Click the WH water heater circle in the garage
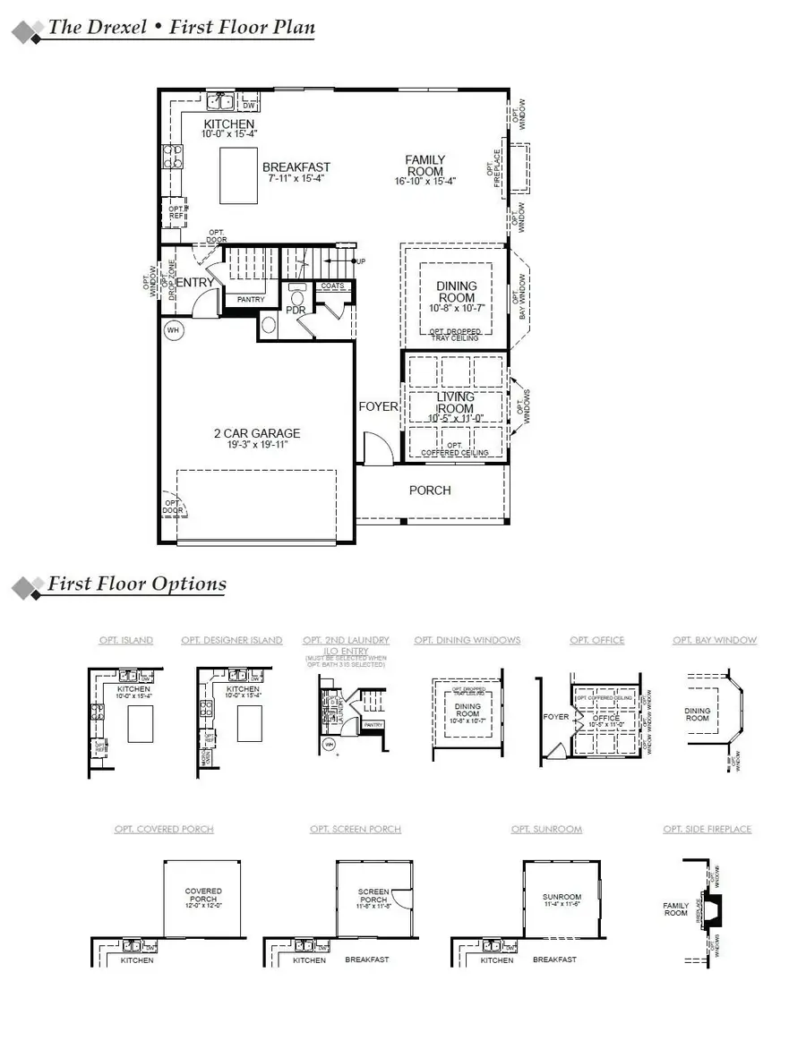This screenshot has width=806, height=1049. click(x=173, y=330)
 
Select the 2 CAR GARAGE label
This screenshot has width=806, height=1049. click(x=257, y=433)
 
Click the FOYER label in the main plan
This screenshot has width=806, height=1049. click(x=378, y=406)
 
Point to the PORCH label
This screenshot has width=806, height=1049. click(x=430, y=490)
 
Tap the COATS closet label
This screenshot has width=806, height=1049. click(x=332, y=286)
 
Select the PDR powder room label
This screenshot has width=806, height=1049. click(x=296, y=310)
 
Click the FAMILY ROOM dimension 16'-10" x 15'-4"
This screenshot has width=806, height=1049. click(x=425, y=182)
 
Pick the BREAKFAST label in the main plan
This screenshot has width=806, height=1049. click(x=296, y=167)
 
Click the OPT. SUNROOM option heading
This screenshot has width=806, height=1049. click(x=546, y=830)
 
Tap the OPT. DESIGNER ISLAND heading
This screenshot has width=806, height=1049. click(x=231, y=640)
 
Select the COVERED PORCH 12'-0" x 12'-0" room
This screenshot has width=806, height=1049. click(x=203, y=896)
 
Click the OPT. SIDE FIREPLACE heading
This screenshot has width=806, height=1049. click(x=707, y=830)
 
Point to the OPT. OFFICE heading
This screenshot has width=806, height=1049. click(x=596, y=640)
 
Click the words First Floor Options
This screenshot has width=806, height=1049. click(x=136, y=584)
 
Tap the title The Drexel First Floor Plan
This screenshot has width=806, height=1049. click(x=181, y=27)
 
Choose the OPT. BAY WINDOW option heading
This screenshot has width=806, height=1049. click(x=715, y=640)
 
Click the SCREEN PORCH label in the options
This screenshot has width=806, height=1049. click(x=373, y=896)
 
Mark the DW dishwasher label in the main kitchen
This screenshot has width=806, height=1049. click(x=249, y=106)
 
